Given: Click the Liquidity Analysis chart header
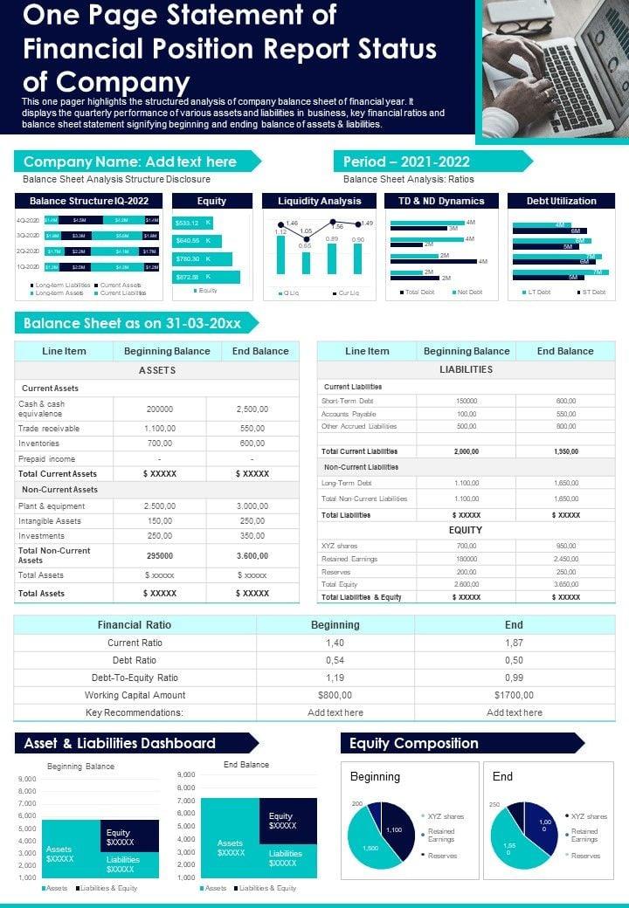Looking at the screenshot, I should click(x=319, y=201).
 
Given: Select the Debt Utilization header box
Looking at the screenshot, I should click(x=561, y=201).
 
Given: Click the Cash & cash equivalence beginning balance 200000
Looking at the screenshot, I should click(x=159, y=409).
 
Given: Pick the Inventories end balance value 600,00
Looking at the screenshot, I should click(x=252, y=444).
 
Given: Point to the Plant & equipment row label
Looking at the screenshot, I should click(x=52, y=506).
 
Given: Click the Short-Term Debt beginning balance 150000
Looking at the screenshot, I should click(x=467, y=401).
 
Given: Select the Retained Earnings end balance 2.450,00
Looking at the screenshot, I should click(x=566, y=559).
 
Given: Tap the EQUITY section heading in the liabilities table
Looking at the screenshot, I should click(x=466, y=530).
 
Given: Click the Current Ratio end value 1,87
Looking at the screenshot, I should click(x=514, y=643).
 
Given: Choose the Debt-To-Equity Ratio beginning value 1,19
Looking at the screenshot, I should click(x=335, y=678).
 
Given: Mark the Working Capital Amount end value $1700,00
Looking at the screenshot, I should click(x=514, y=695).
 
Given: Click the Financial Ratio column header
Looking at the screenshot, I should click(x=135, y=625).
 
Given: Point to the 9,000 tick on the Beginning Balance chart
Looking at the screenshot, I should click(x=27, y=779).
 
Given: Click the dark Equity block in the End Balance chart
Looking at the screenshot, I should click(x=288, y=821).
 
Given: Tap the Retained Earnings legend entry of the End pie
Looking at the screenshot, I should click(x=584, y=836).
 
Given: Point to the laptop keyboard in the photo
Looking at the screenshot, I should click(x=577, y=74).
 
